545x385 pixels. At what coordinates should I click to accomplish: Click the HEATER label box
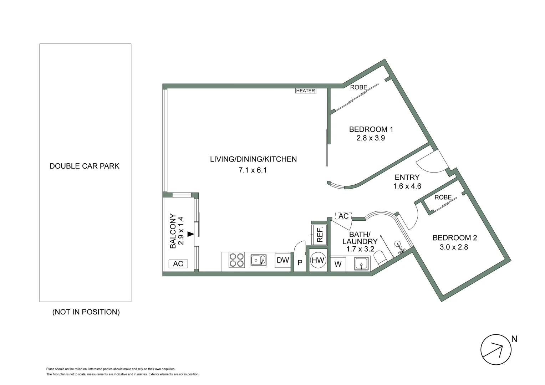pos(306,91)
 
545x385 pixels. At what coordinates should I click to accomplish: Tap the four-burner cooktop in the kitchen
pos(236,260)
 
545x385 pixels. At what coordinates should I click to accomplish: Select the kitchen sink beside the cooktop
pos(258,260)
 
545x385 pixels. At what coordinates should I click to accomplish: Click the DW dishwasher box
pos(283,260)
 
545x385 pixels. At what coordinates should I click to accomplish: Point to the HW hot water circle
pos(318,261)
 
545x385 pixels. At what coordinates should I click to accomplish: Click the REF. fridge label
pos(320,234)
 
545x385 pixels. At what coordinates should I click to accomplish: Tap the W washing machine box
pos(338,264)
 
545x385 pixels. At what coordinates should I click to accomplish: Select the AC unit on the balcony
pos(178,264)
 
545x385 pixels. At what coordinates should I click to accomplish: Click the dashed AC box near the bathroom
pos(343,216)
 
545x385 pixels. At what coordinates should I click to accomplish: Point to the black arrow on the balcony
pos(191,234)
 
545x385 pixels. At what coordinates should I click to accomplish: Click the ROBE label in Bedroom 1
pos(358,87)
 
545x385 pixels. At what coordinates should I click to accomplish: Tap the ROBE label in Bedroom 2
pos(443,197)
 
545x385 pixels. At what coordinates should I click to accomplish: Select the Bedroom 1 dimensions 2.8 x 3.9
pos(371,138)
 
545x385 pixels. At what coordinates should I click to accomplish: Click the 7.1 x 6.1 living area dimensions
pos(253,170)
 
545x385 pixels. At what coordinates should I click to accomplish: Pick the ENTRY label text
pos(407,178)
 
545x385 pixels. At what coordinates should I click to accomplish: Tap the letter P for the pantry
pos(300,263)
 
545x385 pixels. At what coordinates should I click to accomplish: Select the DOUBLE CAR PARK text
pos(85,166)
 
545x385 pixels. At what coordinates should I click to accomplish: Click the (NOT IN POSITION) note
pos(86,312)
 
